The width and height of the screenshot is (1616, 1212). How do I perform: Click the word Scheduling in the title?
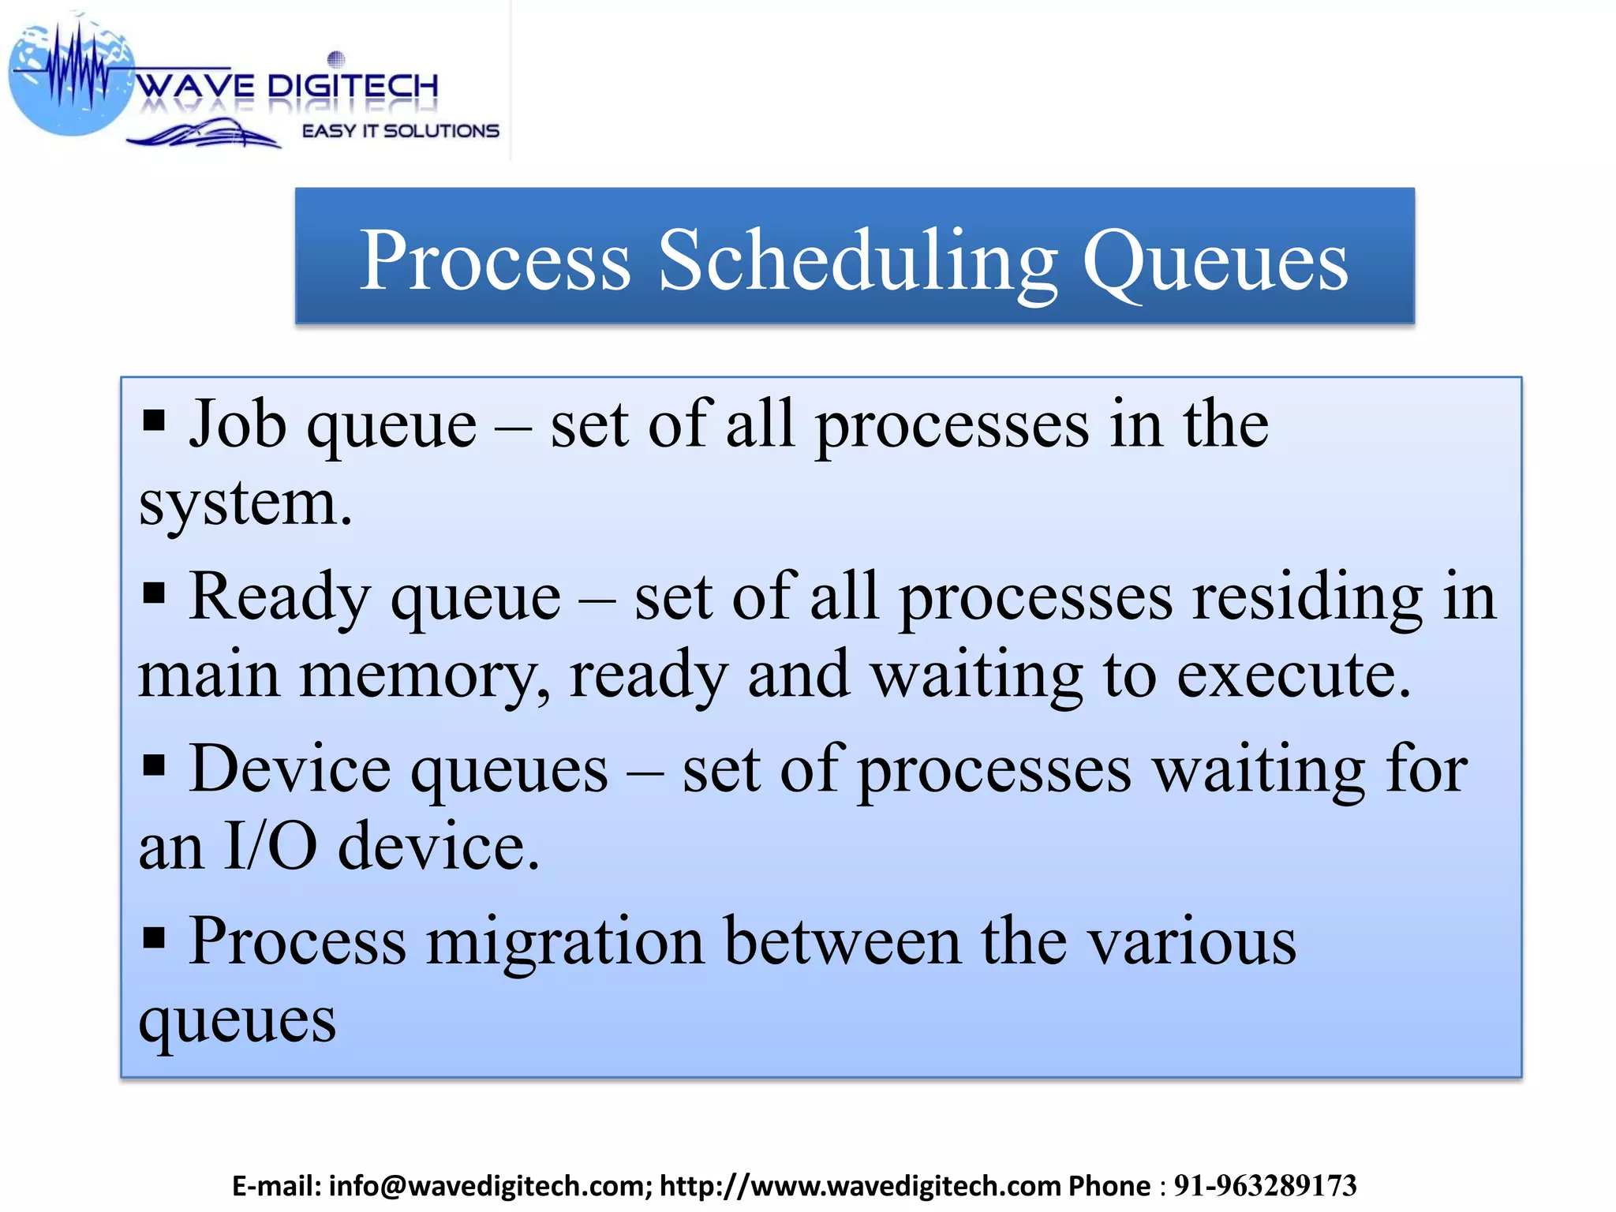pyautogui.click(x=858, y=260)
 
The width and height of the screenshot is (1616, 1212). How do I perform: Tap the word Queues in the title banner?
pyautogui.click(x=1215, y=260)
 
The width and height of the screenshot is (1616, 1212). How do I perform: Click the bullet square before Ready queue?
pyautogui.click(x=155, y=592)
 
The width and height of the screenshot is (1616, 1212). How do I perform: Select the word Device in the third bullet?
pyautogui.click(x=290, y=769)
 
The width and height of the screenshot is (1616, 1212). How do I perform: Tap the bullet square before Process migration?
pyautogui.click(x=155, y=937)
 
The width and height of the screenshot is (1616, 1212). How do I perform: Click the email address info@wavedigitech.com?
pyautogui.click(x=489, y=1186)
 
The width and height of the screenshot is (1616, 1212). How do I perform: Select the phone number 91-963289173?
pyautogui.click(x=1265, y=1186)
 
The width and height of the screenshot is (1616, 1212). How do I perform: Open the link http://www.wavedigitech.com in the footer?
pyautogui.click(x=861, y=1186)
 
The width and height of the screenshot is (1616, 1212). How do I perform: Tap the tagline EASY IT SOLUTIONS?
pyautogui.click(x=400, y=131)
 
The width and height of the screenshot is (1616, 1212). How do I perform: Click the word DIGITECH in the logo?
pyautogui.click(x=353, y=85)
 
